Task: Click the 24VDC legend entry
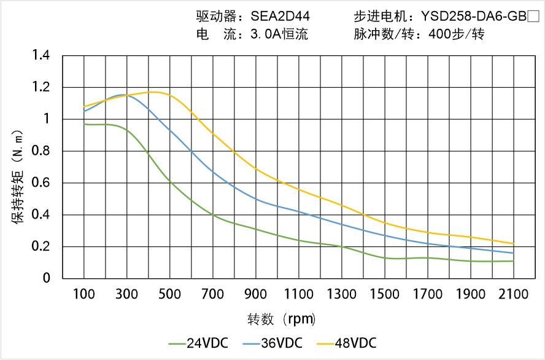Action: tap(198, 343)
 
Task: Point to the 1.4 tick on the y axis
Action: tap(41, 56)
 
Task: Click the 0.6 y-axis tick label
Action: tap(41, 183)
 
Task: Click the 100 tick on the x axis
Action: tap(84, 294)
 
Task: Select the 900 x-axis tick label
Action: tap(256, 294)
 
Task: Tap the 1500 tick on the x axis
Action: tap(385, 294)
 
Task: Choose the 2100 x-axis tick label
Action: tap(513, 294)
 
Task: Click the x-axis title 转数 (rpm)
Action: tap(282, 319)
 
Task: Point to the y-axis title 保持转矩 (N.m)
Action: tap(18, 176)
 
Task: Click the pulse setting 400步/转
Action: tap(457, 34)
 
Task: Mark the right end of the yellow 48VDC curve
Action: tap(513, 243)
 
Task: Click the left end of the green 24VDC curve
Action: tap(84, 124)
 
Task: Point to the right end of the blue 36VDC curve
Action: tap(513, 253)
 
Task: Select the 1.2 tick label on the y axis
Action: tap(41, 87)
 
